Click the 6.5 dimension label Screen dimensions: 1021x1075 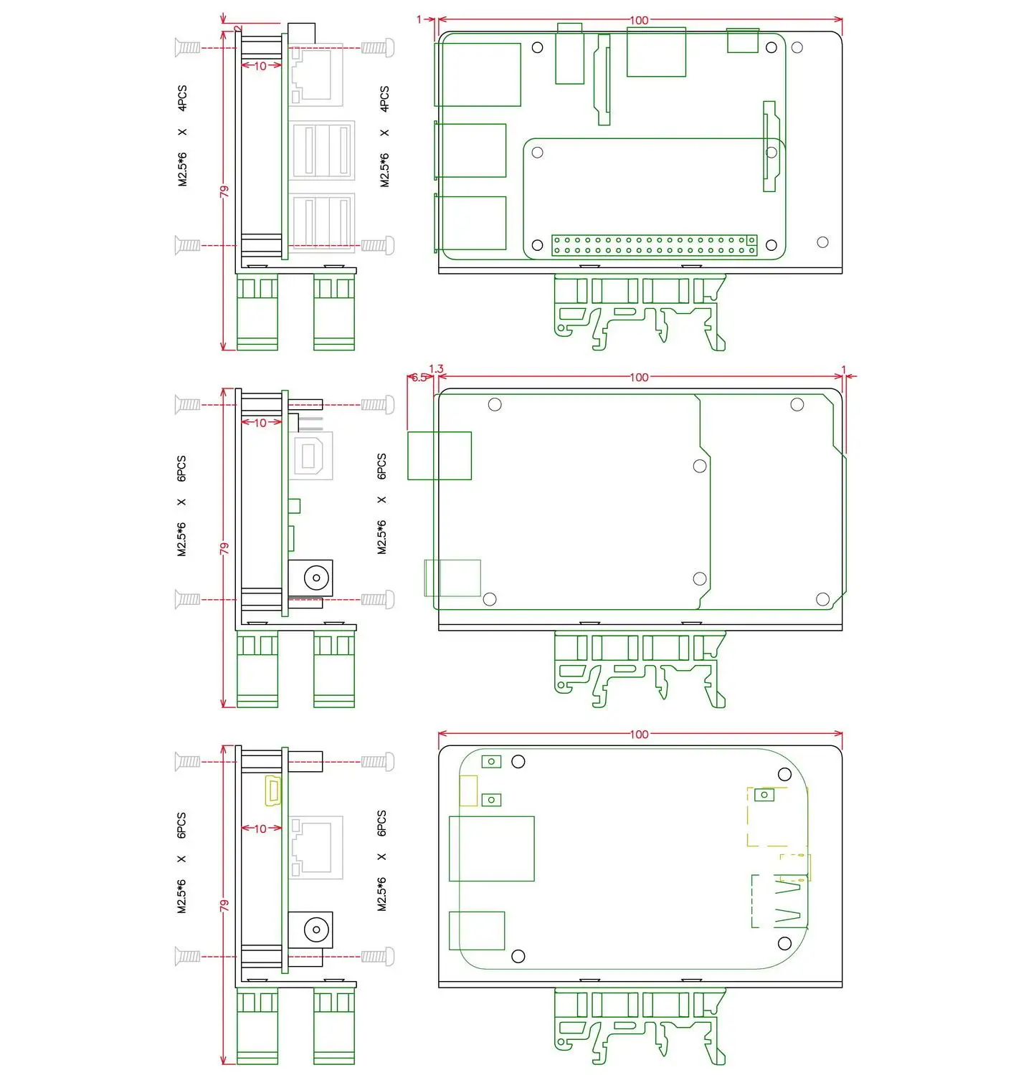(419, 377)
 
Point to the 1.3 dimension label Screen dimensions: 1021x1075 (436, 369)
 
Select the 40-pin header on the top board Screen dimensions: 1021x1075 (654, 245)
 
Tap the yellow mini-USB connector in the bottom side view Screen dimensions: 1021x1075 (273, 790)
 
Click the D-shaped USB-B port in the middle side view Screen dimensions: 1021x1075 (310, 456)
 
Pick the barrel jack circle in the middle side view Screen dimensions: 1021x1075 (316, 578)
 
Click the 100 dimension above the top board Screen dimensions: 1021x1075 (639, 21)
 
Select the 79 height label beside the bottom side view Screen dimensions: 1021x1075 (224, 905)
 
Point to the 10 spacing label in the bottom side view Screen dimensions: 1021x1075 (260, 829)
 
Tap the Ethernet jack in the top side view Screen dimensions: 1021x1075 (315, 75)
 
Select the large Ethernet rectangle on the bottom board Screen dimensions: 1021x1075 (491, 849)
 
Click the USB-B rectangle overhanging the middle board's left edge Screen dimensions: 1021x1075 (440, 456)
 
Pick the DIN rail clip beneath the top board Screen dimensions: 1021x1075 (640, 312)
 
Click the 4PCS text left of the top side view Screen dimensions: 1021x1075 (182, 98)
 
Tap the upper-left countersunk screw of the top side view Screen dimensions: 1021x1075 (187, 47)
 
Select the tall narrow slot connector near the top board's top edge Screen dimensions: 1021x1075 (604, 80)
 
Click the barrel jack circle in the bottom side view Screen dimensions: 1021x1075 (316, 930)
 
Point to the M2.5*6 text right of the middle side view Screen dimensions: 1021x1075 (382, 537)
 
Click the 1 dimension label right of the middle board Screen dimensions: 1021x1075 (843, 370)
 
